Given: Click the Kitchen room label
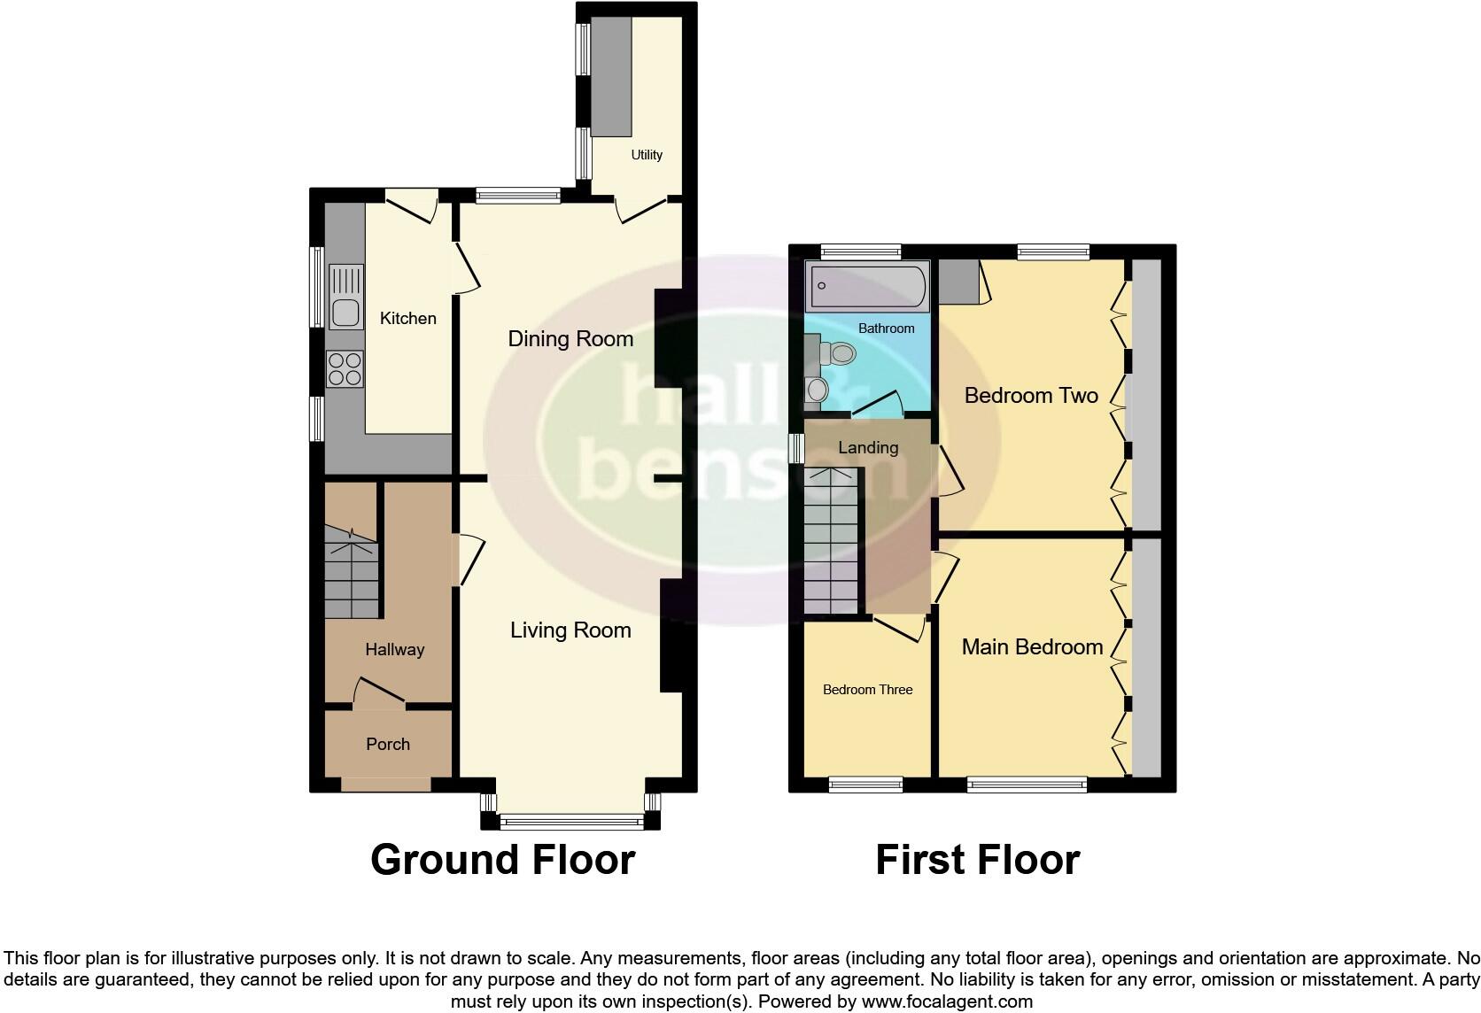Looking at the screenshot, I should click(x=407, y=318).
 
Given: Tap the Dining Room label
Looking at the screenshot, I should click(x=570, y=338).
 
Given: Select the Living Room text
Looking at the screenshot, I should click(x=570, y=630).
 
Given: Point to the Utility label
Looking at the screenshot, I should click(x=647, y=154).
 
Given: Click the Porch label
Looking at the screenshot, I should click(x=388, y=744).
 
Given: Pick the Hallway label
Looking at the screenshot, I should click(x=394, y=649).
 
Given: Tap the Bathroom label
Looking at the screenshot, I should click(x=886, y=329).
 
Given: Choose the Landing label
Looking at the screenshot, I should click(x=868, y=447).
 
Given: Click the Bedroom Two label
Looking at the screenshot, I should click(x=1031, y=395).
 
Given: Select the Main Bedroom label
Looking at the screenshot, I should click(x=1032, y=646).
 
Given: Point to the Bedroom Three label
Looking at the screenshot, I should click(x=867, y=690).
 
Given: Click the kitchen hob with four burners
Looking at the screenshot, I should click(x=345, y=368).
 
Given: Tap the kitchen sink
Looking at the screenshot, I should click(x=345, y=311).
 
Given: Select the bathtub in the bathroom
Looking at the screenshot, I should click(x=867, y=285).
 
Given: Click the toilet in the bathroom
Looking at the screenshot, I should click(x=838, y=353).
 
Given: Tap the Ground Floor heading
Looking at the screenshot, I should click(x=502, y=859).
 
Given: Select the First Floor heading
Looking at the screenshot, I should click(x=977, y=859).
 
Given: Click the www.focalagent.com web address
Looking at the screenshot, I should click(x=946, y=1001).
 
